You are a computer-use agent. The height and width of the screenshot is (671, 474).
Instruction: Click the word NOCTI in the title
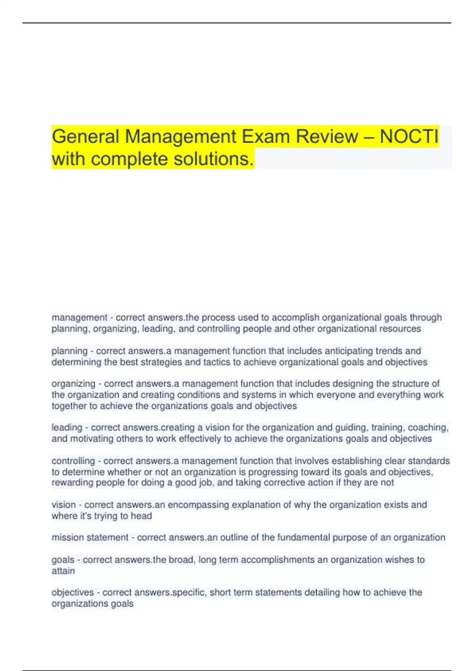[409, 137]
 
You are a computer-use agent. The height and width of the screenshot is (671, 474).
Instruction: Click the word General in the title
[85, 137]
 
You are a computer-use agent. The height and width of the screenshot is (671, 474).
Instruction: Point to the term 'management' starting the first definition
[79, 318]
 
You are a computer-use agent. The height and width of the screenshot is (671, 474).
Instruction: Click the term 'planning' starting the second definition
[70, 351]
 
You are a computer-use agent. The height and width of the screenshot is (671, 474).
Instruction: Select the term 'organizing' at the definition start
[73, 384]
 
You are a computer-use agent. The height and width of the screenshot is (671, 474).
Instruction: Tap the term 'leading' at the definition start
[67, 427]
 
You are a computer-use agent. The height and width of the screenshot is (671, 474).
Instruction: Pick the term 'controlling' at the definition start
[73, 461]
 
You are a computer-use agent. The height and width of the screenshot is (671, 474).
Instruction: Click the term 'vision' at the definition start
[64, 505]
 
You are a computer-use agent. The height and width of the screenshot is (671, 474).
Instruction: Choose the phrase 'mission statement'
[90, 538]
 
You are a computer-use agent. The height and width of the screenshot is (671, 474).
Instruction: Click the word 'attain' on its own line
[63, 571]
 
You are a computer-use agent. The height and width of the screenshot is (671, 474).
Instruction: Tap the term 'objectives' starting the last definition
[73, 592]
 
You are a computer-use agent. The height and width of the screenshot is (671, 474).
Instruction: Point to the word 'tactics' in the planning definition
[217, 362]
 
